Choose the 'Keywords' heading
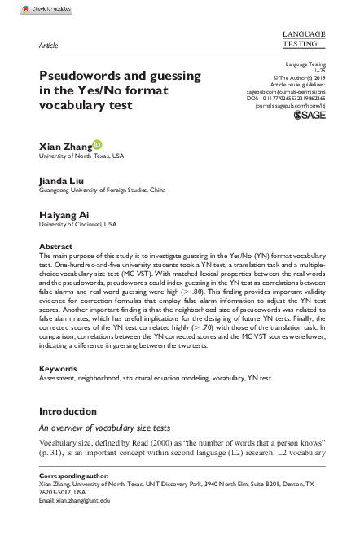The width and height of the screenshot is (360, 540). (x=59, y=368)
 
